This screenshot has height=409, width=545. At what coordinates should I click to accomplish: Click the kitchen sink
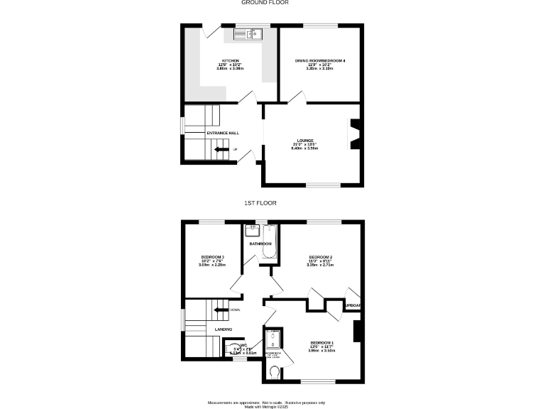[248, 32]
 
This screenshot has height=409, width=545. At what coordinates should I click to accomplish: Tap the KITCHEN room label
[230, 61]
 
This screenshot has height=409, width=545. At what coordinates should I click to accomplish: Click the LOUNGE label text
[307, 141]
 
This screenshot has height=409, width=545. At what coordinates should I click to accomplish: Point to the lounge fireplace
[355, 134]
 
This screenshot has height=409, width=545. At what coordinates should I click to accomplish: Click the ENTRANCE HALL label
[222, 133]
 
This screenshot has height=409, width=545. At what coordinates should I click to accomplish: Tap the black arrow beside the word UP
[221, 149]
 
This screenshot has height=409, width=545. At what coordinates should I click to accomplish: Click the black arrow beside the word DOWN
[221, 310]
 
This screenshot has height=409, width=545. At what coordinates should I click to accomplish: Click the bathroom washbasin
[251, 231]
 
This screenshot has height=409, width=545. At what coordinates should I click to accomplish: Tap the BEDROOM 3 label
[212, 257]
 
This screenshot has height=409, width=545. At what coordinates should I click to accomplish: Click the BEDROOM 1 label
[321, 343]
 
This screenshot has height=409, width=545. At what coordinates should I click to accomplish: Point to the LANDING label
[224, 329]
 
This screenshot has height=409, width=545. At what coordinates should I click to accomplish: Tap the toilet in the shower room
[275, 370]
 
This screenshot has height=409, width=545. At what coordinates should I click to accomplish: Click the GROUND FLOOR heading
[265, 3]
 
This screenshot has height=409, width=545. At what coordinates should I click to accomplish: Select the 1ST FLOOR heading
[260, 203]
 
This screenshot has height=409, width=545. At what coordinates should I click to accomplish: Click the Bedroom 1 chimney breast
[358, 331]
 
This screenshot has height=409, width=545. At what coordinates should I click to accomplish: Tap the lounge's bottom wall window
[323, 185]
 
